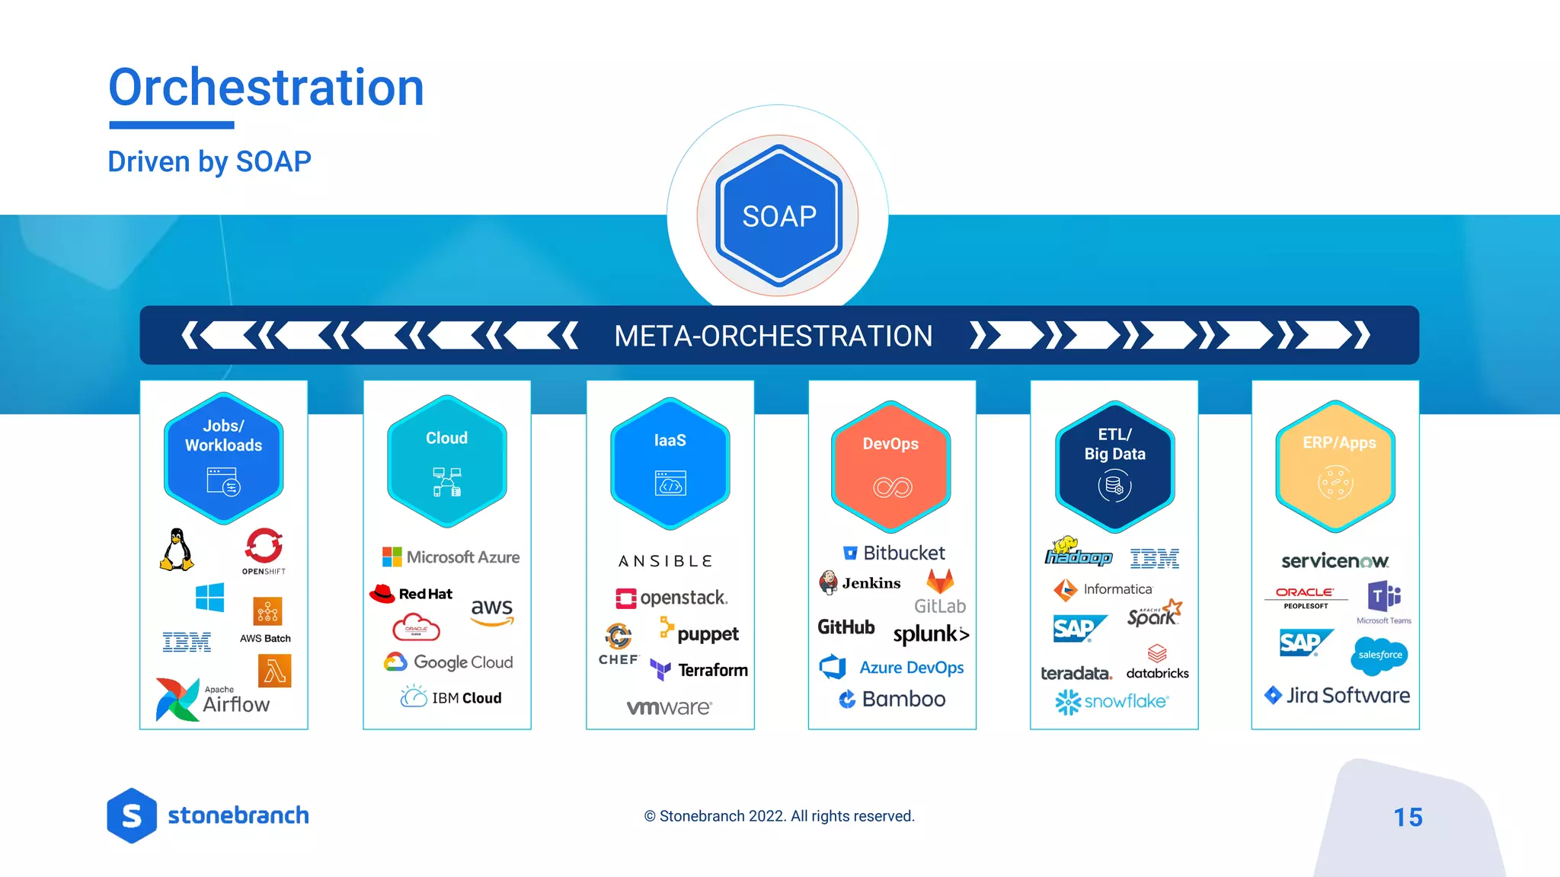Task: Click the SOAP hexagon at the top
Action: pos(778,216)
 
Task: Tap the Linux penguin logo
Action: pos(177,550)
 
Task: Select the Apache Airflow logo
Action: pos(213,699)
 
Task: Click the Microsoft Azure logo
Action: pos(451,557)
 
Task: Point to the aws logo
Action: pos(492,611)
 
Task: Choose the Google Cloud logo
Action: pos(449,662)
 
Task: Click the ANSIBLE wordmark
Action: pos(666,562)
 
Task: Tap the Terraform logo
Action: pos(699,670)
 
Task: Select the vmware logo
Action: pos(669,707)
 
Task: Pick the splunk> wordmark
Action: pos(931,634)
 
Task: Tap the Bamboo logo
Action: pos(892,699)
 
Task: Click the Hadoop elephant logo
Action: pos(1078,552)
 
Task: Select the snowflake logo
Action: pos(1111,701)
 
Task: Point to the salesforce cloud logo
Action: pos(1379,655)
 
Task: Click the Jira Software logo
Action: pos(1337,695)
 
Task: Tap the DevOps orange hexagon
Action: pos(890,466)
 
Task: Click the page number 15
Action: pos(1408,817)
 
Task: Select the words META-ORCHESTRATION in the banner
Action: pos(773,336)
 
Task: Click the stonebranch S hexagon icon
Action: pos(132,815)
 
